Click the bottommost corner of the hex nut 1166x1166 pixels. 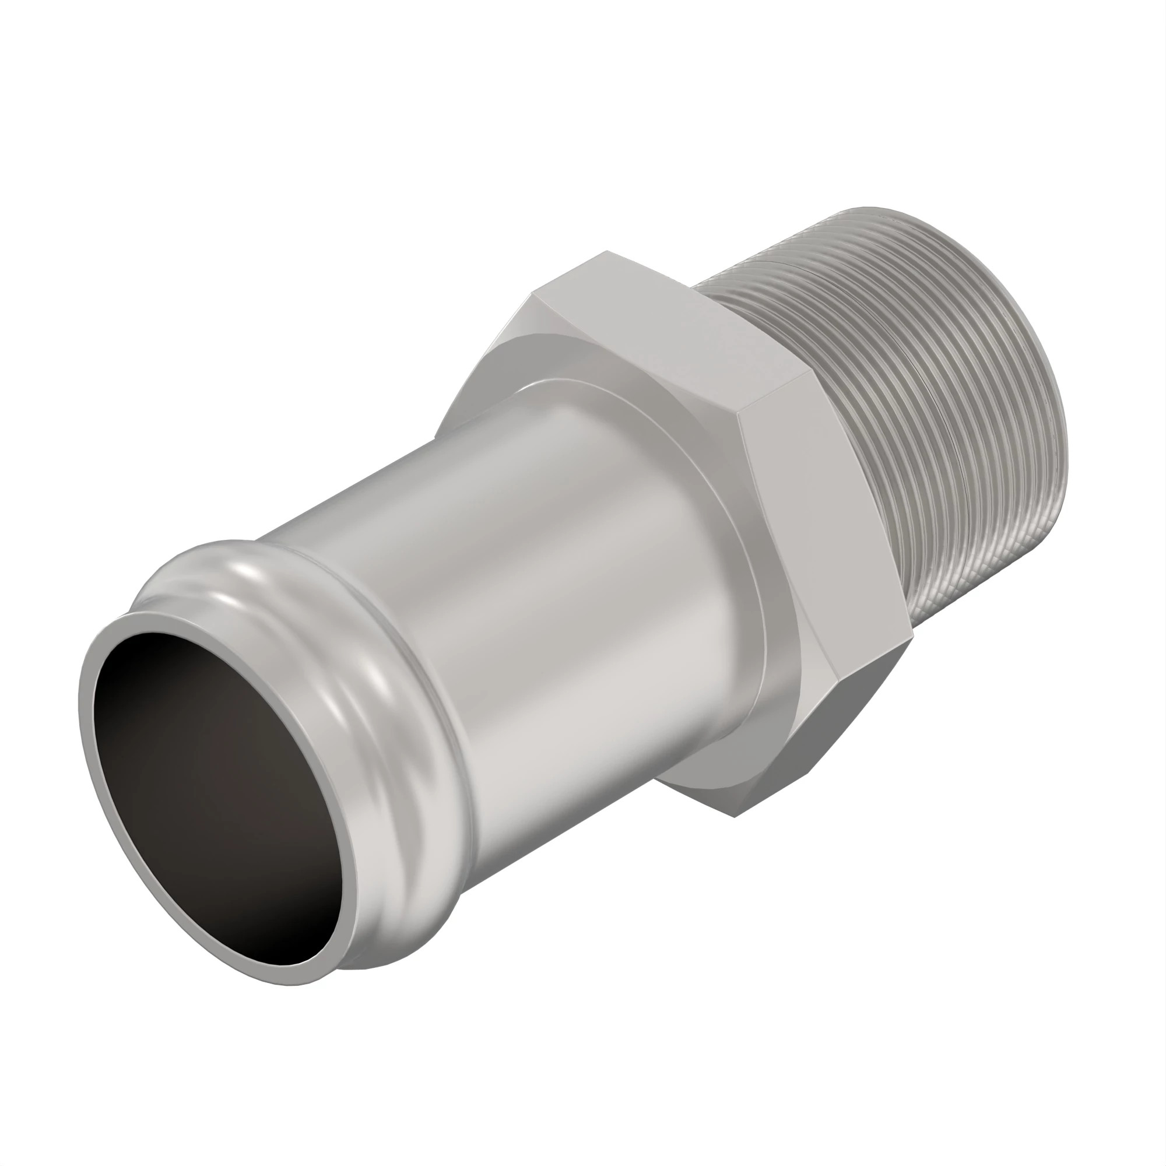(734, 817)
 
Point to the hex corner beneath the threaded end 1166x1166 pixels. (911, 633)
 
